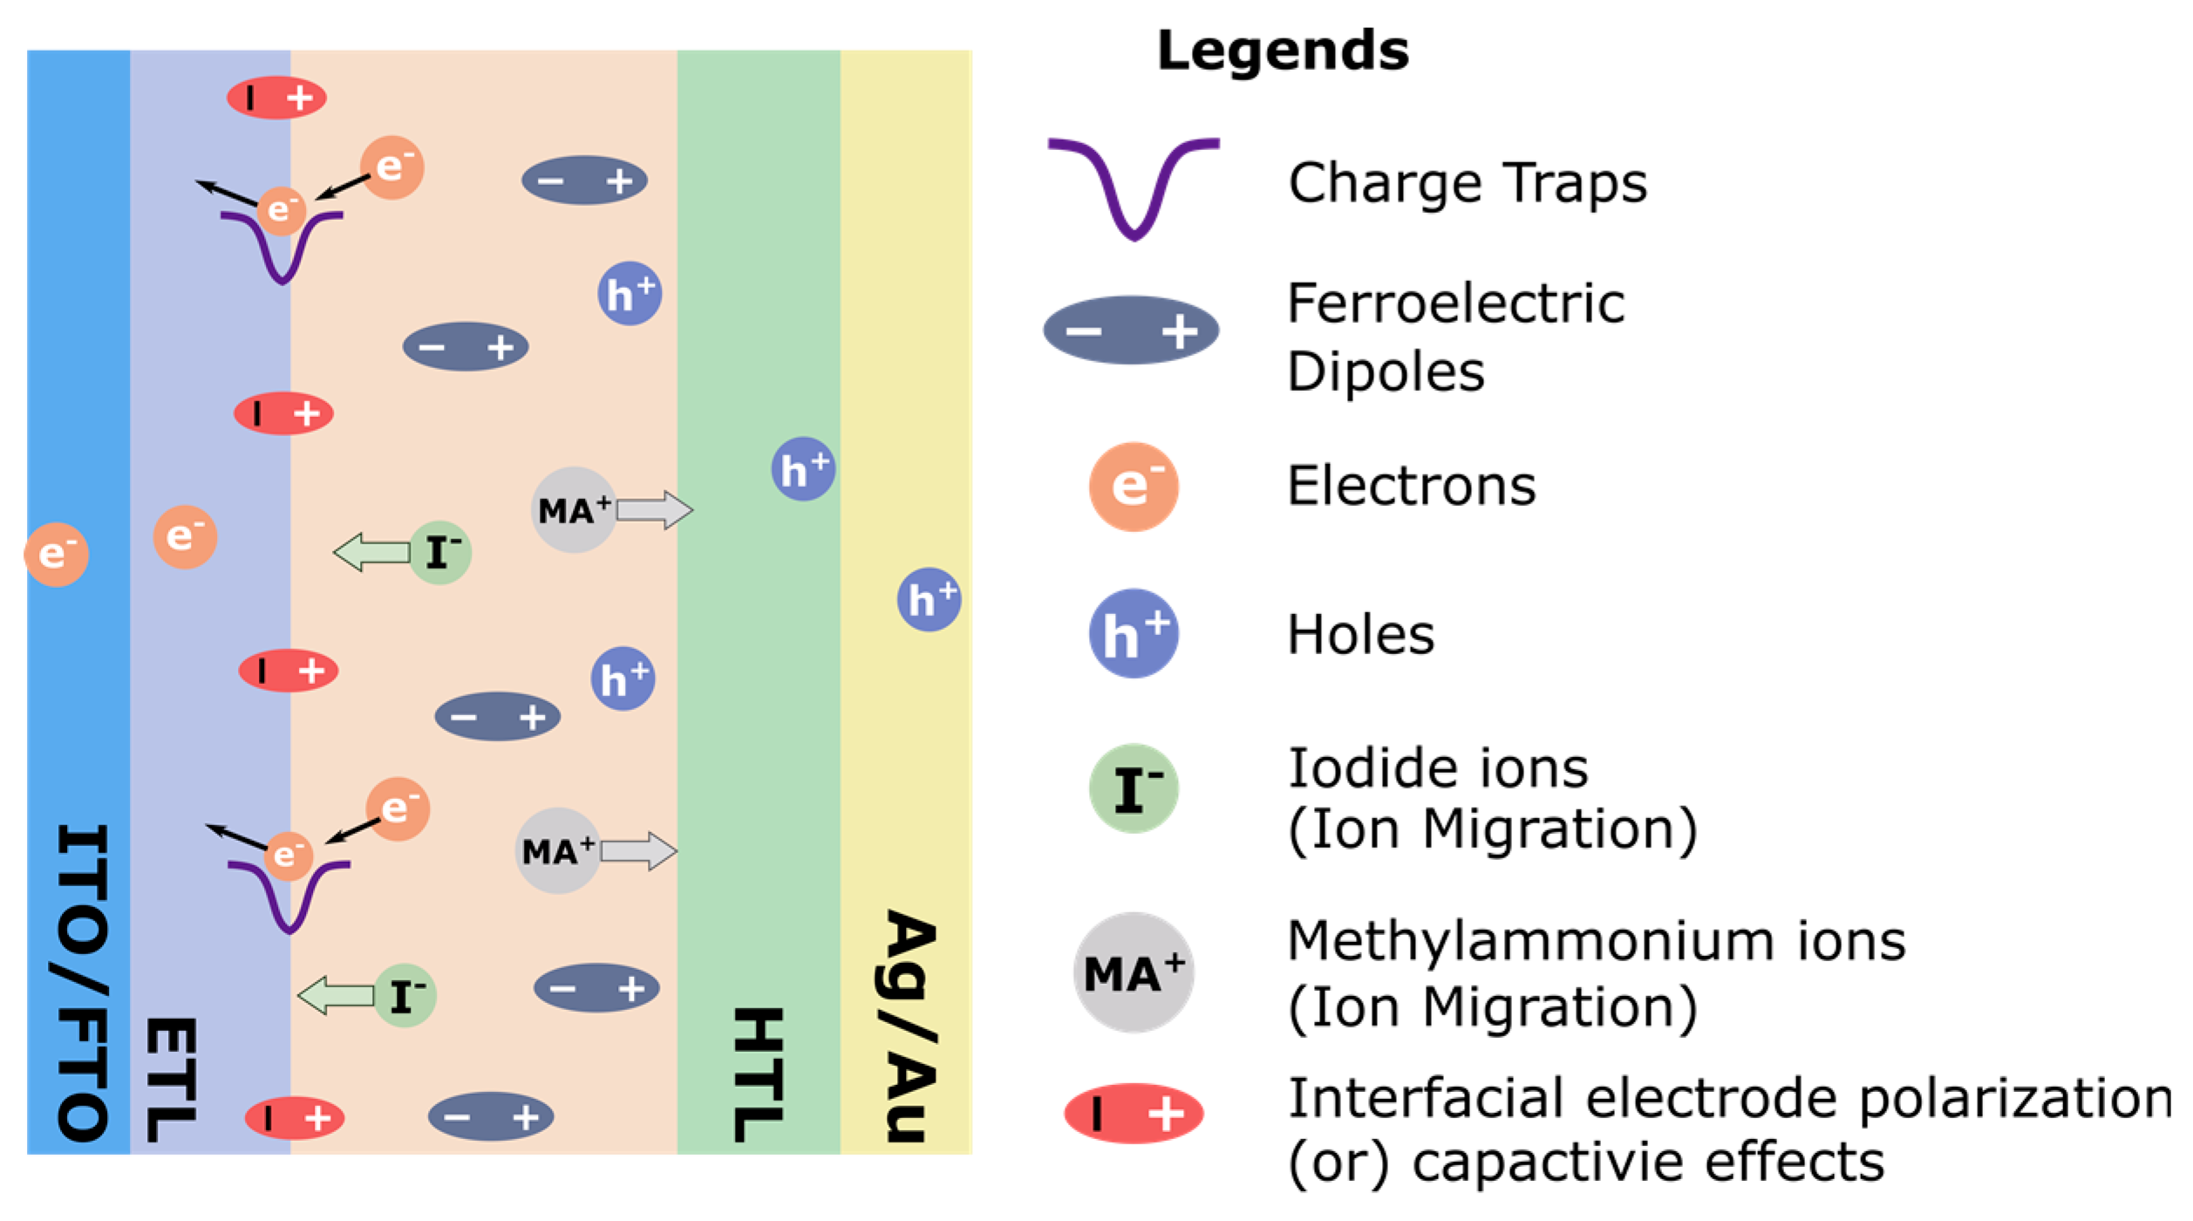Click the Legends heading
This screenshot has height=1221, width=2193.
point(1282,51)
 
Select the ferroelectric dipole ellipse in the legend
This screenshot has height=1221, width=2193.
point(1131,331)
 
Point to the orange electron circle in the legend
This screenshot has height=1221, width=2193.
point(1134,487)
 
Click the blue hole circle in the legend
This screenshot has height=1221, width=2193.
point(1134,634)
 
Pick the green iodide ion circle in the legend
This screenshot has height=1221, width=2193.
point(1134,788)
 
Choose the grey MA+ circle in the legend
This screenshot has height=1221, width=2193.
point(1134,972)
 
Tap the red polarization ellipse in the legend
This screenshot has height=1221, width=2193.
point(1134,1114)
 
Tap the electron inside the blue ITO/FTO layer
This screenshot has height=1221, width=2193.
point(57,555)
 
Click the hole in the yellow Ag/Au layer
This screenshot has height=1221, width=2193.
point(929,600)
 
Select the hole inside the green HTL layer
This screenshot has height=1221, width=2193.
point(803,469)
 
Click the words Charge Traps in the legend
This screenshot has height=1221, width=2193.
point(1468,183)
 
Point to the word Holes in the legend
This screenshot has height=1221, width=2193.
point(1360,634)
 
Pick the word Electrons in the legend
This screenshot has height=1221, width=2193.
point(1411,486)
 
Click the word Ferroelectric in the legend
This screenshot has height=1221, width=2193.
point(1455,304)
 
